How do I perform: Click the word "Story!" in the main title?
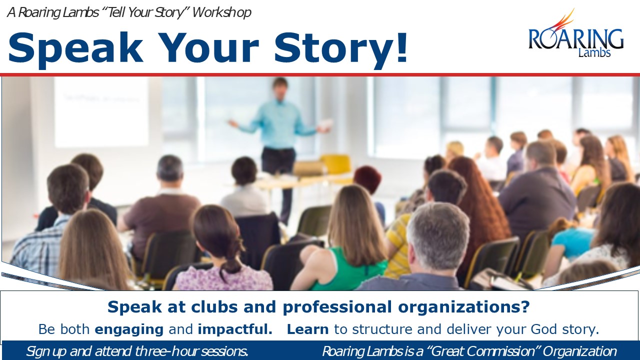pos(340,48)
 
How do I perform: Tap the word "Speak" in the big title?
pos(75,47)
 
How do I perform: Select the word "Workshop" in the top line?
pos(221,12)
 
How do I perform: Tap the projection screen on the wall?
pos(101,111)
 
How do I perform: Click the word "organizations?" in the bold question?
pos(464,307)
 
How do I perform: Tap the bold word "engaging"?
pos(129,329)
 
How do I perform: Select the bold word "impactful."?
pos(235,329)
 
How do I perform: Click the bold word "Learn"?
pos(307,329)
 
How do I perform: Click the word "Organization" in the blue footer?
pos(579,351)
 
